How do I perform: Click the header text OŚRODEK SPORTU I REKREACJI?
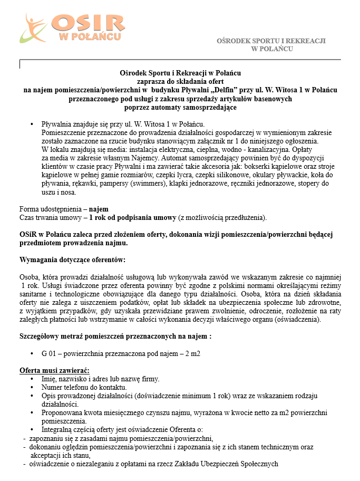[271, 41]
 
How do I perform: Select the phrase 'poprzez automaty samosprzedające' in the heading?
[180, 107]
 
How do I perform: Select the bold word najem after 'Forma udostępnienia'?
[99, 209]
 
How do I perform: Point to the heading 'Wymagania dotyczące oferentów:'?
[73, 260]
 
